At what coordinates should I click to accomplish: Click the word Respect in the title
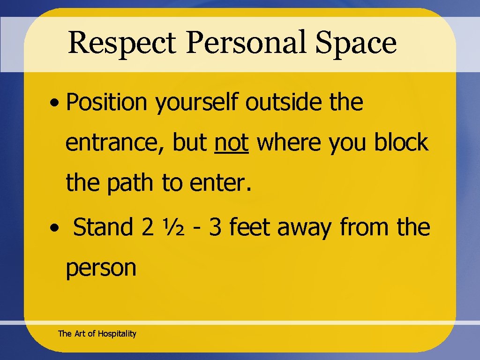pyautogui.click(x=121, y=43)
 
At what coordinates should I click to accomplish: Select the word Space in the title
pyautogui.click(x=356, y=43)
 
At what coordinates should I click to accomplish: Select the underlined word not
pyautogui.click(x=231, y=142)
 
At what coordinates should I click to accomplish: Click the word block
pyautogui.click(x=401, y=142)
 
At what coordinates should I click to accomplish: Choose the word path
pyautogui.click(x=130, y=183)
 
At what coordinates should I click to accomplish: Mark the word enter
pyautogui.click(x=221, y=183)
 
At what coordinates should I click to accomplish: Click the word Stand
pyautogui.click(x=103, y=227)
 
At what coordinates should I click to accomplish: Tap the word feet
pyautogui.click(x=250, y=227)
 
